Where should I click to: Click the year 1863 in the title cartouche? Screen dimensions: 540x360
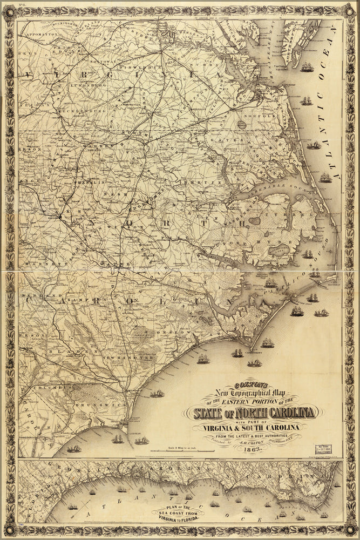[254, 449]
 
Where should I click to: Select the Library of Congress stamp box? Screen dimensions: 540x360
[323, 449]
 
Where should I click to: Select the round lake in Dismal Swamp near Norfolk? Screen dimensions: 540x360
[241, 125]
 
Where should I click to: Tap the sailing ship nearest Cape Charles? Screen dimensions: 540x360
[307, 67]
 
